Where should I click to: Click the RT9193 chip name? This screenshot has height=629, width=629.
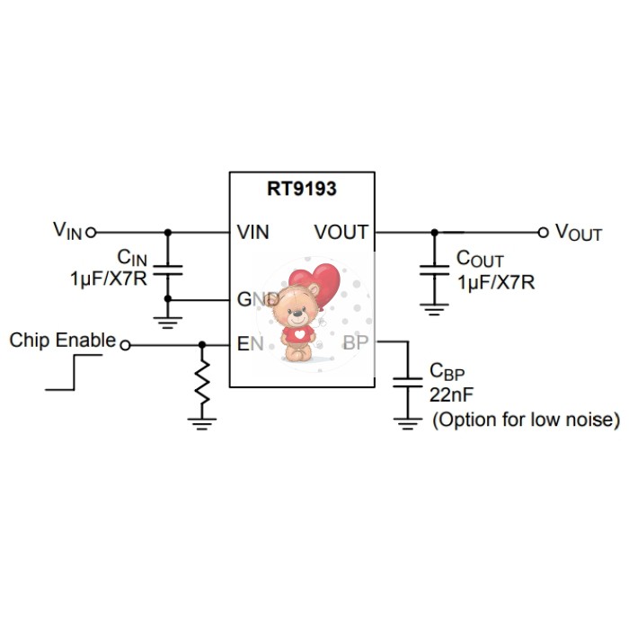[x=301, y=189]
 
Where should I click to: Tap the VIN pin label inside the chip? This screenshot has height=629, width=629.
[x=254, y=232]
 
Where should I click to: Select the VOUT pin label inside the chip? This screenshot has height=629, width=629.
[x=341, y=232]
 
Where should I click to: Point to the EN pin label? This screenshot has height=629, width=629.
[x=248, y=342]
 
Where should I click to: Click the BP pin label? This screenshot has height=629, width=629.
[x=355, y=342]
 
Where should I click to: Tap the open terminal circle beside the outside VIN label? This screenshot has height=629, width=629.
[x=91, y=232]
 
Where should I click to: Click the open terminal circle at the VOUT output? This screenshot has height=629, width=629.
[x=543, y=232]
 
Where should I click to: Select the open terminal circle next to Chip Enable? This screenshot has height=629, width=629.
[x=125, y=344]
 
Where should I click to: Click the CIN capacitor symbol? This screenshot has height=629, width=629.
[x=167, y=269]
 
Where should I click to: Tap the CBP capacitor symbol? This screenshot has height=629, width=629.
[x=409, y=381]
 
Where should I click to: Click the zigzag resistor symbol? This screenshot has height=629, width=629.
[x=202, y=382]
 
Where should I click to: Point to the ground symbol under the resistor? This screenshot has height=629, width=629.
[x=202, y=420]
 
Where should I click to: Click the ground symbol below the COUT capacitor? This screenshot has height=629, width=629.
[x=435, y=310]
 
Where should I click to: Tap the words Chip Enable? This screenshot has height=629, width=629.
[x=62, y=341]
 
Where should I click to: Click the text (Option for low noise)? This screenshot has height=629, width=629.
[x=526, y=420]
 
